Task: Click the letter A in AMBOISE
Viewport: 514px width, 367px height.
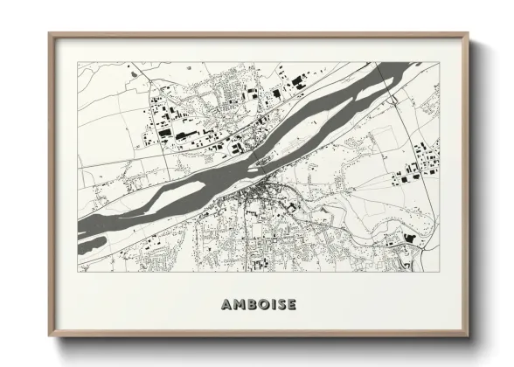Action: click(226, 305)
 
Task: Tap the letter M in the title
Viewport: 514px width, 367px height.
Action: click(238, 305)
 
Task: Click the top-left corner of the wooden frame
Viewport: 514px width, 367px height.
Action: click(50, 34)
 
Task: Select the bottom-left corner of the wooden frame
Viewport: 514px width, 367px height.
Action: click(50, 336)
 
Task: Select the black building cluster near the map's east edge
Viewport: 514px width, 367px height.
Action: click(406, 177)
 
